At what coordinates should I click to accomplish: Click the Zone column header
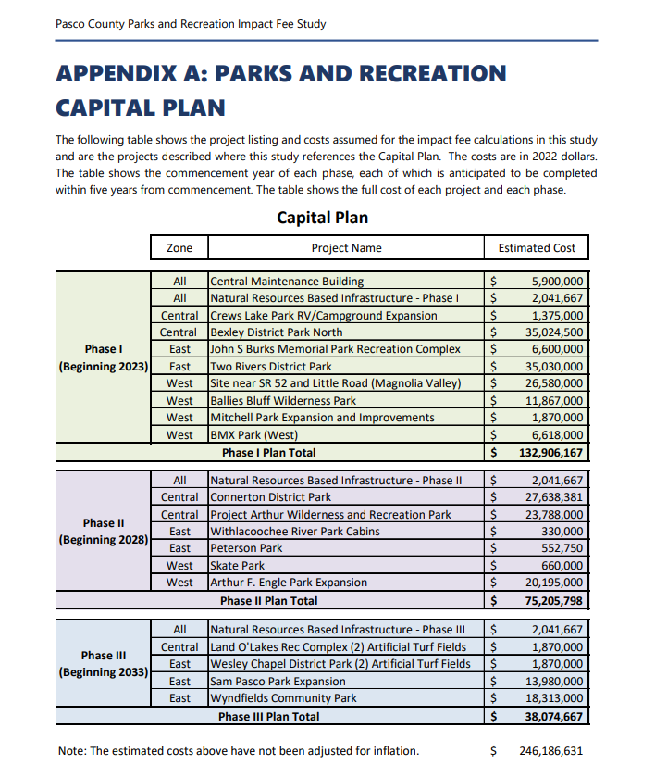point(179,248)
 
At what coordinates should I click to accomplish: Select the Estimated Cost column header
point(537,248)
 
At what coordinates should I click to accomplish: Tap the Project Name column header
point(346,248)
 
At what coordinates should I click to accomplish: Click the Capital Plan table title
point(322,219)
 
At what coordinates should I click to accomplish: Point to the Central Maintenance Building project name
point(287,281)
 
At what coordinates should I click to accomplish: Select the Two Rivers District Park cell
point(271,367)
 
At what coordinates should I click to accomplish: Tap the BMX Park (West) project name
point(248,435)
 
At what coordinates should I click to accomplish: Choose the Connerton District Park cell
point(270,497)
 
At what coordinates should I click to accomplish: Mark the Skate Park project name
point(238,566)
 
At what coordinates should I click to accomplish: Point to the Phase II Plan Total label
point(268,601)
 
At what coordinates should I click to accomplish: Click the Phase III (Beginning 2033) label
point(103,664)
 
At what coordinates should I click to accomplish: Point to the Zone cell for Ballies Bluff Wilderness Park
point(179,401)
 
